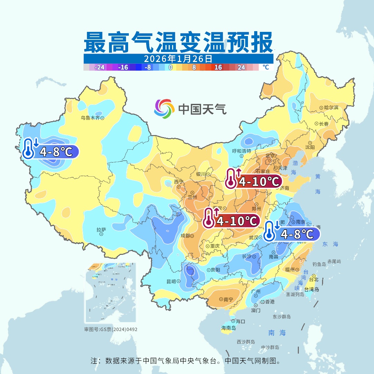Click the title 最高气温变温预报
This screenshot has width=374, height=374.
178,43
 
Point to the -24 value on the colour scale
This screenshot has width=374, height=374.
99,68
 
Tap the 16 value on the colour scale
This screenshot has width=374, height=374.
218,68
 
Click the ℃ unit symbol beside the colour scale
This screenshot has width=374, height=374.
266,67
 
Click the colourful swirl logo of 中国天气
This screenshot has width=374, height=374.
164,109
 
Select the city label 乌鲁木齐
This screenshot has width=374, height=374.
90,118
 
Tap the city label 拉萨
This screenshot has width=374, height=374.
101,230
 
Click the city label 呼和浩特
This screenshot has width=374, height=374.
242,151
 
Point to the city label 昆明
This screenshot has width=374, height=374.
171,281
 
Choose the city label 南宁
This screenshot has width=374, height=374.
228,299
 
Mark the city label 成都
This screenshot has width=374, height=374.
185,236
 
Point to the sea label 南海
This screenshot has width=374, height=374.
277,333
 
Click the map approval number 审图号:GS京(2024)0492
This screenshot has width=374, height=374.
111,329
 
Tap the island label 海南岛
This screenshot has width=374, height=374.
229,328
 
